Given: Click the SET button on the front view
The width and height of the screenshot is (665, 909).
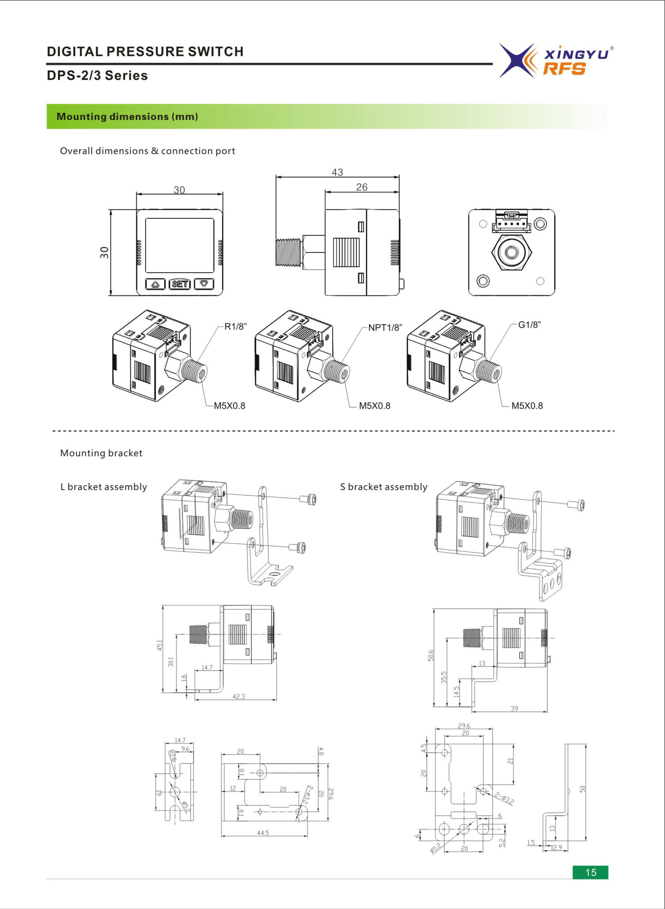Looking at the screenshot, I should coord(179,284).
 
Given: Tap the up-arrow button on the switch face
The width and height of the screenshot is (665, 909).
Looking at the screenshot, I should coord(156,284).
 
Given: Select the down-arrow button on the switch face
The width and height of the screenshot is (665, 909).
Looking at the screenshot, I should coord(204,283).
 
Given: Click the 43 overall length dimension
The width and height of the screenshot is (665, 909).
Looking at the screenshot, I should coord(337,172).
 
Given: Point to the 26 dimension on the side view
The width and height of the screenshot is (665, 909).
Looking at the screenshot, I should coord(362,187).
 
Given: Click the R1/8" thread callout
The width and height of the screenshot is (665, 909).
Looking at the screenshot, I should coord(235,327).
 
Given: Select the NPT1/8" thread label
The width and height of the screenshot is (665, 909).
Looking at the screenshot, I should coord(385,327).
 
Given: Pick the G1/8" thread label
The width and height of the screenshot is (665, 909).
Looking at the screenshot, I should coord(529,325).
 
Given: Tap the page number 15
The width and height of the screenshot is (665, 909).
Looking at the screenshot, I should coord(590,872).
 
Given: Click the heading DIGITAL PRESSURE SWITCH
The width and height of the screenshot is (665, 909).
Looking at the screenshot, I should coord(145,52).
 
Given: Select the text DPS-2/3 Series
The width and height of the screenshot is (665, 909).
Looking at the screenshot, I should coord(97,75).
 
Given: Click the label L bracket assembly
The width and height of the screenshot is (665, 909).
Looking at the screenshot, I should coord(104,487).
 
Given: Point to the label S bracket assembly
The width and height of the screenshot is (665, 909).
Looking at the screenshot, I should coord(383,487).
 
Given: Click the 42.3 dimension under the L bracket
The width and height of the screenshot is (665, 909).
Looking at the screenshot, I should coord(238,696).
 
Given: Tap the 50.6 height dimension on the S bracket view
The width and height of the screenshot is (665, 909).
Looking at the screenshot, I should coord(431,655).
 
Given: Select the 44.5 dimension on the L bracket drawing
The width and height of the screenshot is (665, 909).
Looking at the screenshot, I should coord(263,832).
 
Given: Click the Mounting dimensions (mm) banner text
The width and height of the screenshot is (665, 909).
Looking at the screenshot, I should coord(127,116).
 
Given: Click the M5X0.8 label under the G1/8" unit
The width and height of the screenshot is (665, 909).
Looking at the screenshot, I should coord(526,405).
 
